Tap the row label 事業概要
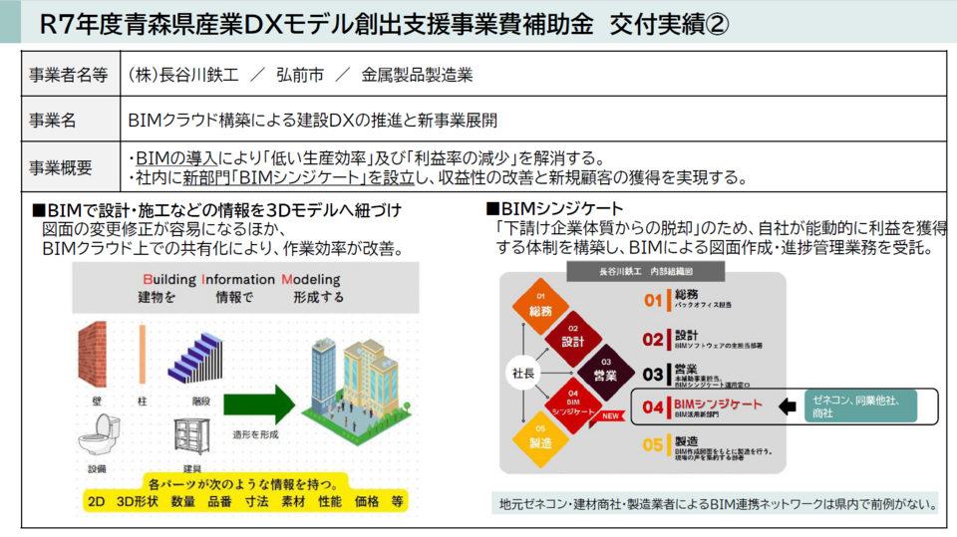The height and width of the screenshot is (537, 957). (x=61, y=167)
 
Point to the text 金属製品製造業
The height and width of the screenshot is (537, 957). (x=418, y=75)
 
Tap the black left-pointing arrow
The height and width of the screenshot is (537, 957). (x=789, y=405)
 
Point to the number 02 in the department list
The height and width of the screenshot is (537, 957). (x=652, y=339)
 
